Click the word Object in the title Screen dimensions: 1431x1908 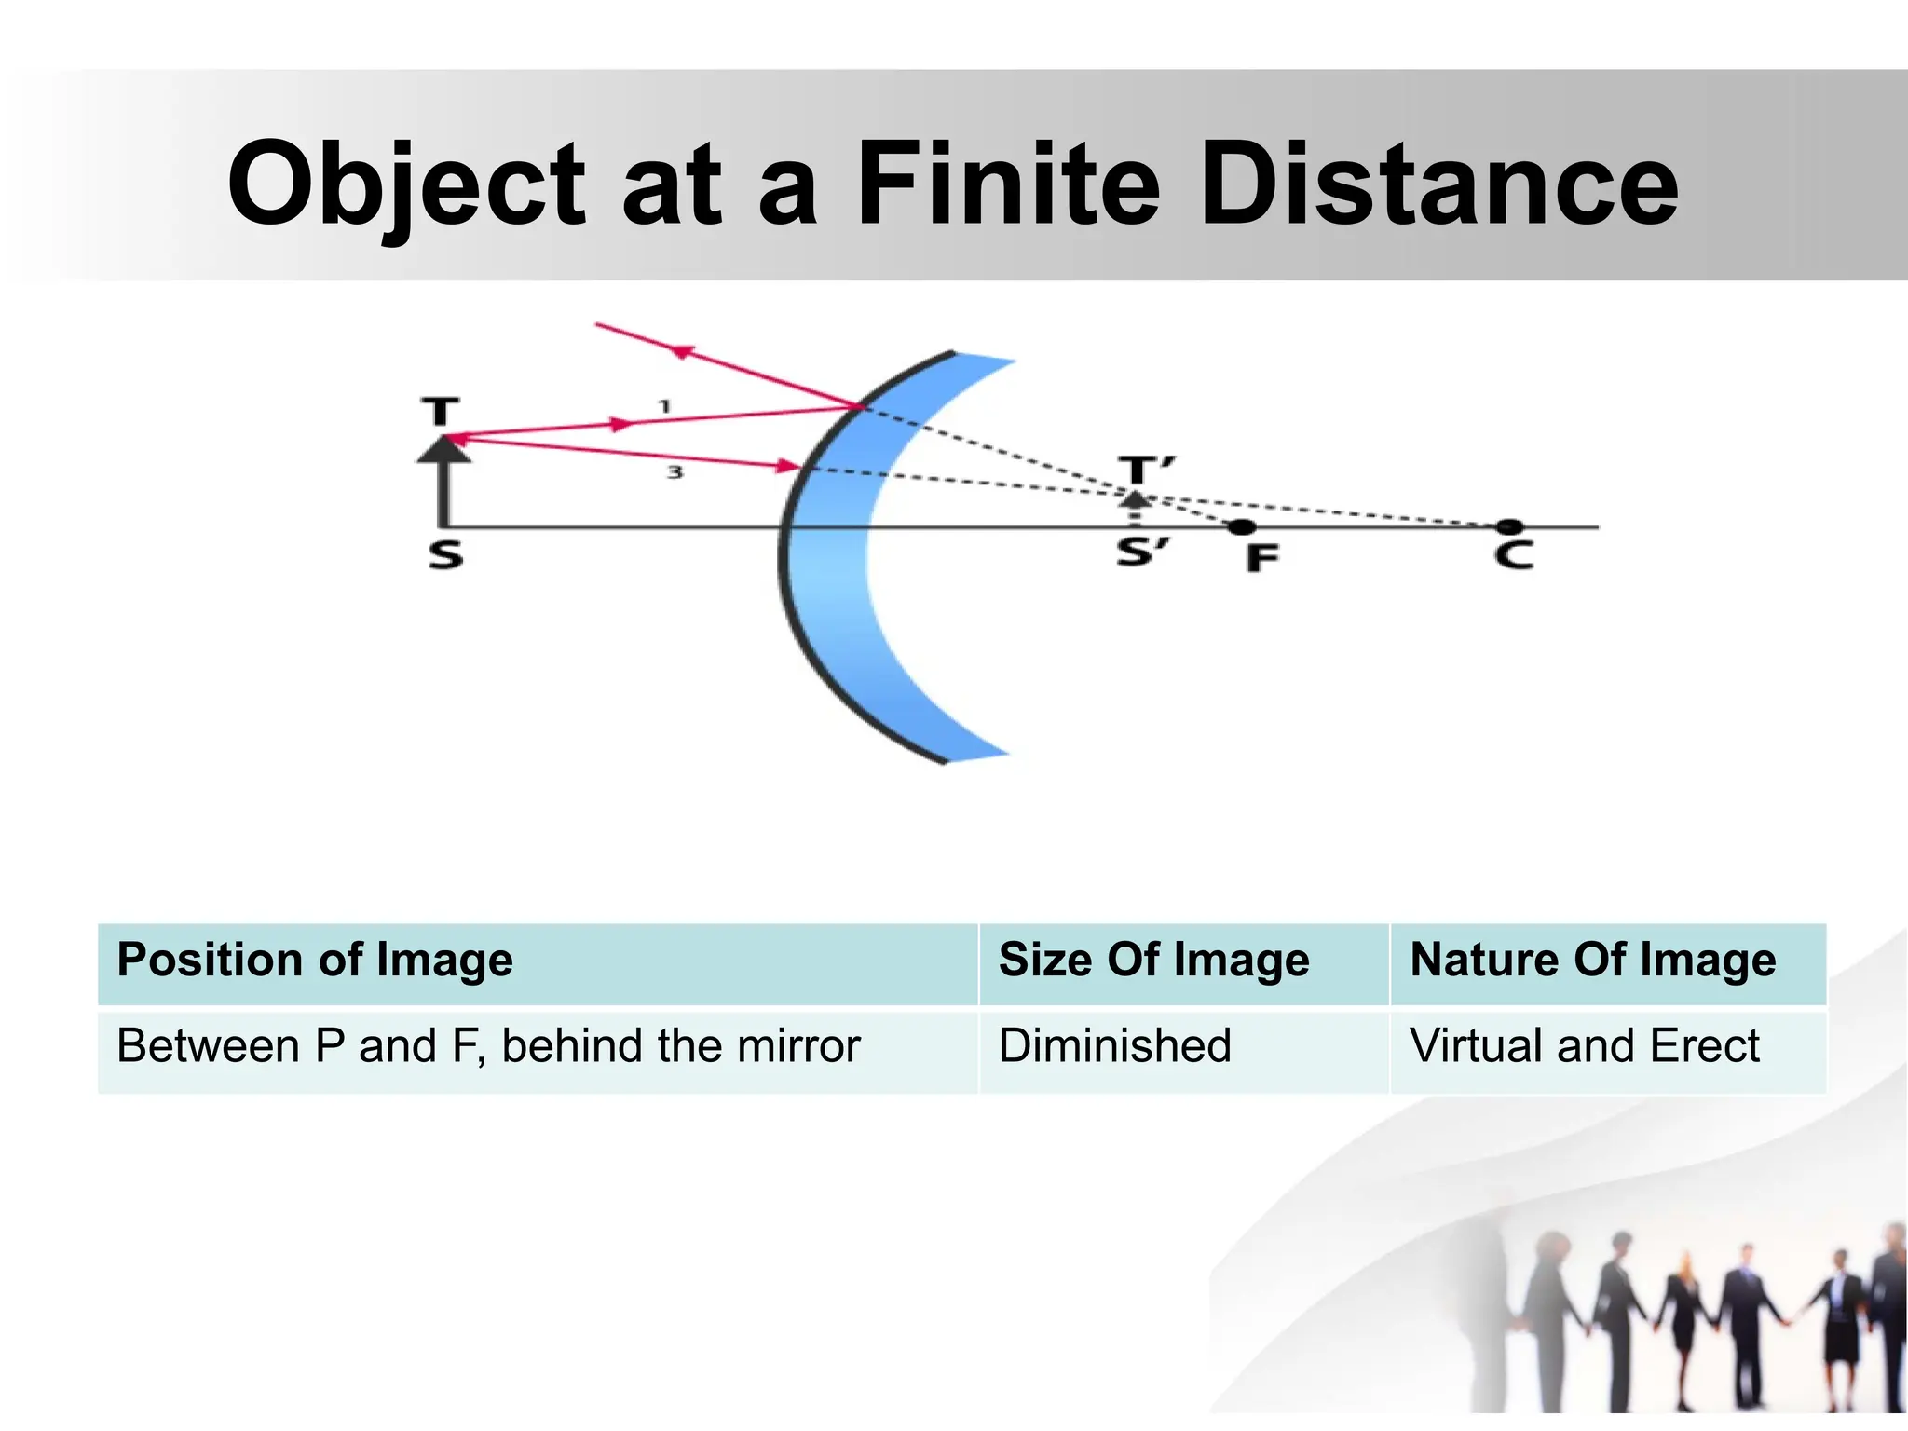[406, 184]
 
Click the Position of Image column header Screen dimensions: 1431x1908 [315, 960]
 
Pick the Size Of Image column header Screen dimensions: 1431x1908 [1153, 960]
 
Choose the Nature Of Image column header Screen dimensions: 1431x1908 [1592, 960]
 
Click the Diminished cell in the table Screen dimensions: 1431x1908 [1114, 1045]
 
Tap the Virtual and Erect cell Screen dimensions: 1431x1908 [1584, 1045]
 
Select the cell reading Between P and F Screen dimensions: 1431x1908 [488, 1045]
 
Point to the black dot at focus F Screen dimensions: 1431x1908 [1241, 527]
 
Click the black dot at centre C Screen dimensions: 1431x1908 [1509, 527]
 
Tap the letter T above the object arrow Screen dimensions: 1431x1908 [441, 411]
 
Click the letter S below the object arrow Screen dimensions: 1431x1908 [445, 555]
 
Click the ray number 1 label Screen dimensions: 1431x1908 [664, 406]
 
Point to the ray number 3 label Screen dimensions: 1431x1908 [675, 472]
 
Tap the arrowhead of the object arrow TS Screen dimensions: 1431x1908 [443, 449]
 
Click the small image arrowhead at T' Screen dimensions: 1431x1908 [1135, 498]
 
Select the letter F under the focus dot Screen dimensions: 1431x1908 [1262, 558]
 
